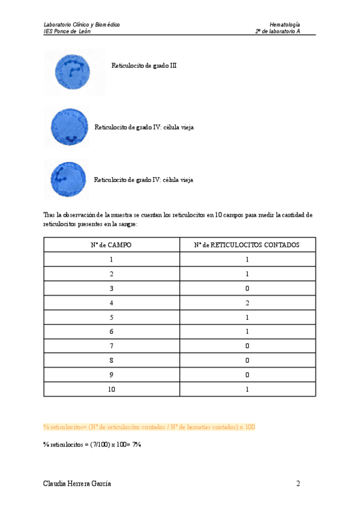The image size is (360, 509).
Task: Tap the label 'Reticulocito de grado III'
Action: click(144, 65)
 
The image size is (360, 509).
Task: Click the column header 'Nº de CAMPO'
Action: click(111, 245)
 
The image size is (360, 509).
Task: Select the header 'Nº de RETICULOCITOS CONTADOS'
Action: click(247, 245)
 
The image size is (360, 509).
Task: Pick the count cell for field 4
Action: click(247, 303)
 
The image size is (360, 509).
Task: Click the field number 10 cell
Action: click(111, 389)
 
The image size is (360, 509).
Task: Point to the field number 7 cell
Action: click(111, 346)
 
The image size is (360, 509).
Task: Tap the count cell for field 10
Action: click(247, 389)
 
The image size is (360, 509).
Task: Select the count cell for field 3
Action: click(247, 288)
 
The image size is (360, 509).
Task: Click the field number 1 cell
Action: click(111, 259)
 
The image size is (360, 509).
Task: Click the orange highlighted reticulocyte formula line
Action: click(149, 427)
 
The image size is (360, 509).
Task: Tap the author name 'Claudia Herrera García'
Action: click(77, 483)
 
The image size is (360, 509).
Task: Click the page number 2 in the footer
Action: click(298, 483)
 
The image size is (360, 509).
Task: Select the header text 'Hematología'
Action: click(285, 25)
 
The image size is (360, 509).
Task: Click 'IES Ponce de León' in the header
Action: click(67, 32)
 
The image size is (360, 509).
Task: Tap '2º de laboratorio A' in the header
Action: click(278, 32)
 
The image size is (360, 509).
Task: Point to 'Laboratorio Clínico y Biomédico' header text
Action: click(82, 25)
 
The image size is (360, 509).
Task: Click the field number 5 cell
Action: click(111, 317)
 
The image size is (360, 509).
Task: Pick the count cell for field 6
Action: click(247, 331)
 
